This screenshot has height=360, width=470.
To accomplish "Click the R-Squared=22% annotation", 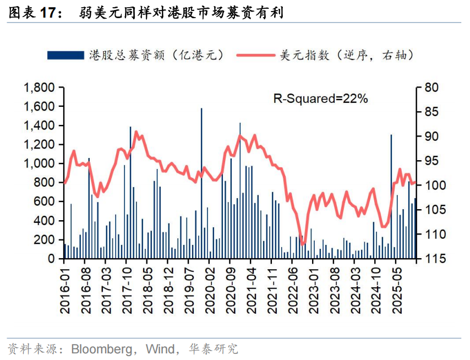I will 320,99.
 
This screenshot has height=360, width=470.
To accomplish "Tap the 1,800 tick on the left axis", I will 38,88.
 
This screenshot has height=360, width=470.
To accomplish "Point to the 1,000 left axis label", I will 38,164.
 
